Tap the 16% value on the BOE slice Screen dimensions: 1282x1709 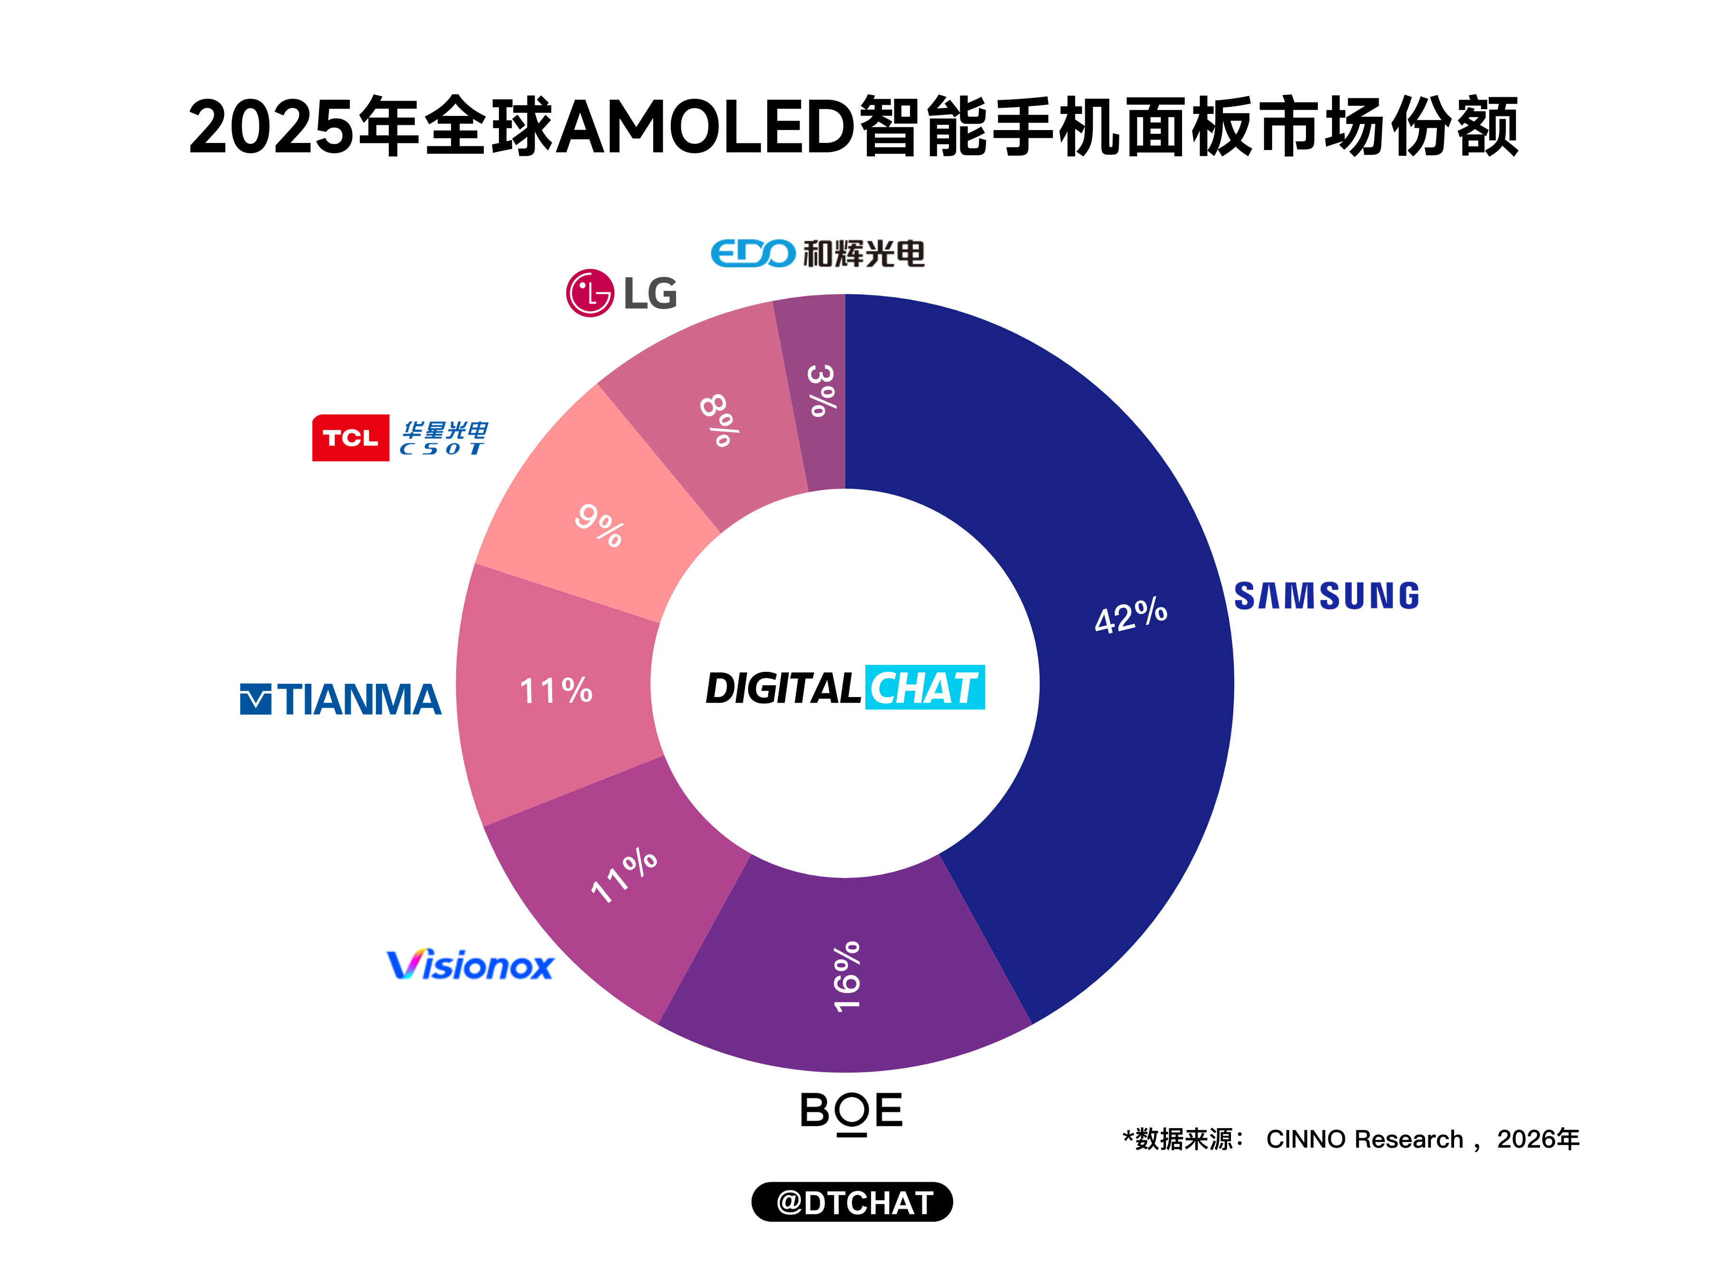(x=847, y=976)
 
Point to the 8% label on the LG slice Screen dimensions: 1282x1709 (x=719, y=420)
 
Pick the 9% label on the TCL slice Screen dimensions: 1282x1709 (x=599, y=526)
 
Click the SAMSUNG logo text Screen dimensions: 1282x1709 (x=1326, y=596)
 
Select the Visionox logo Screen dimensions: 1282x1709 (x=470, y=965)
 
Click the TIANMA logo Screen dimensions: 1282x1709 (x=341, y=699)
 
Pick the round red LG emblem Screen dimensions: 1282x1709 (x=590, y=293)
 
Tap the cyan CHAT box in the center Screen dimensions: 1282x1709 (x=925, y=687)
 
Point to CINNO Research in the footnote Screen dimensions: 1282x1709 (x=1364, y=1139)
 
